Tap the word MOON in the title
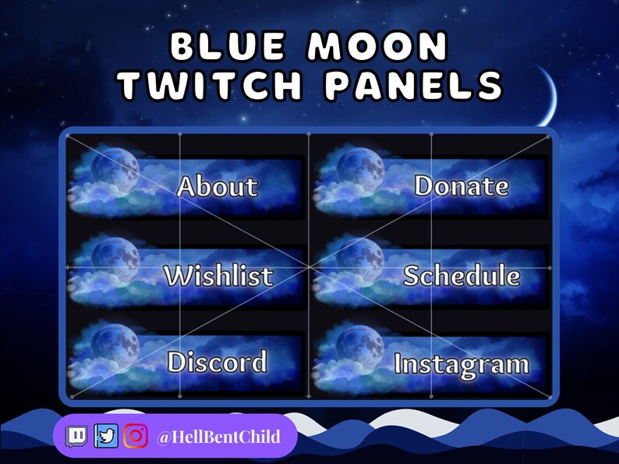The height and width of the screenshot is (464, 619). click(x=378, y=48)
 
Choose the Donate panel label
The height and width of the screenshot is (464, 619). click(x=462, y=186)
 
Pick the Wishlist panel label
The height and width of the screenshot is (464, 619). click(x=218, y=275)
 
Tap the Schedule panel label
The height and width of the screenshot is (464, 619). click(x=462, y=275)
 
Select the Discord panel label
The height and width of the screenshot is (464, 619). click(x=217, y=362)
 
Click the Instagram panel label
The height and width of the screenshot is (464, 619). click(x=462, y=364)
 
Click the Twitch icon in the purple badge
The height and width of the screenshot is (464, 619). click(x=76, y=436)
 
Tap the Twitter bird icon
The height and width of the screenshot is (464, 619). click(x=106, y=436)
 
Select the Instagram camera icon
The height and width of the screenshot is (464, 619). click(x=136, y=436)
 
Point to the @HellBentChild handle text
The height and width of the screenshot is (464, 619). click(x=218, y=436)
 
